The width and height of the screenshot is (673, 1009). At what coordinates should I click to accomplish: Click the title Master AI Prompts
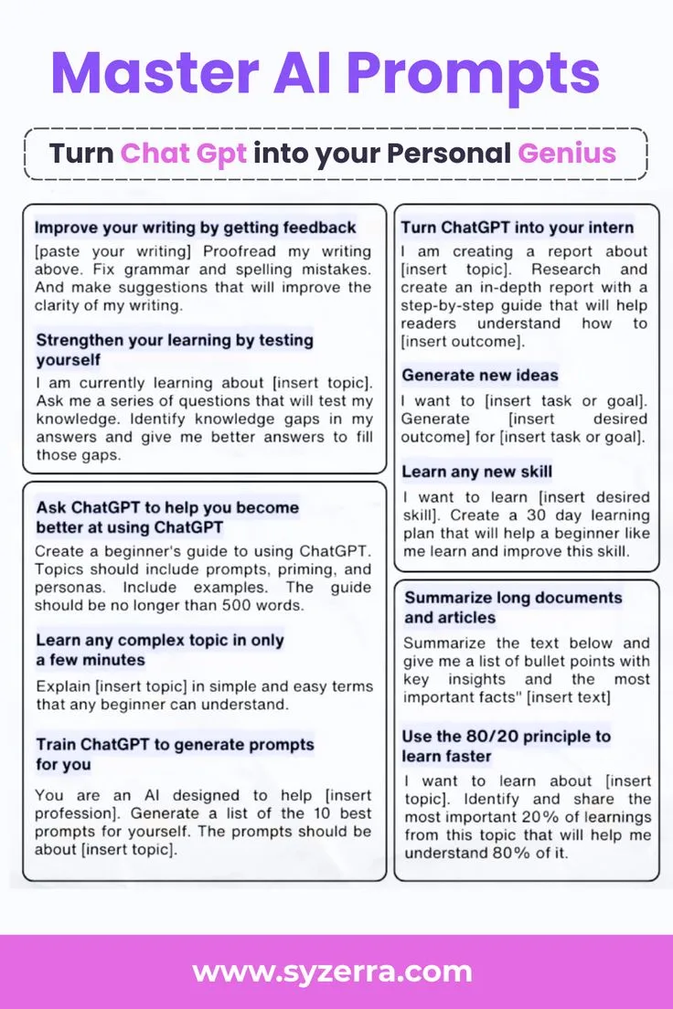click(326, 73)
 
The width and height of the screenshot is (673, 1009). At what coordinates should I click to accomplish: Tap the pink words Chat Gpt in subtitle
click(184, 152)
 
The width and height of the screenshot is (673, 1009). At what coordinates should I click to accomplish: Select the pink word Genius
click(567, 152)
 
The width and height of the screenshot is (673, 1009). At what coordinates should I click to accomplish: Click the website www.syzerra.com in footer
click(333, 971)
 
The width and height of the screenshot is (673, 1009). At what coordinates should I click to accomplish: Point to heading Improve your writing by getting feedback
click(195, 227)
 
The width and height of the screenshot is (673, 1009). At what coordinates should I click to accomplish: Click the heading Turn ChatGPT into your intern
click(518, 227)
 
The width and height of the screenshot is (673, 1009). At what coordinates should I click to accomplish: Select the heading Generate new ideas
click(480, 375)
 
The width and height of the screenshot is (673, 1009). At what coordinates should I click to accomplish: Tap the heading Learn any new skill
click(477, 472)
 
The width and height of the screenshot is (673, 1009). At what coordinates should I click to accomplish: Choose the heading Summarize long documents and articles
click(513, 608)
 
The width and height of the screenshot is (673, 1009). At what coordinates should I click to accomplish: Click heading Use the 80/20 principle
click(506, 746)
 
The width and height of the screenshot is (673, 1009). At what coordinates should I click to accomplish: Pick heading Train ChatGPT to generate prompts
click(175, 754)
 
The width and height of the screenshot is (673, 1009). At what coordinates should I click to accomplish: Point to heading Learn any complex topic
click(160, 650)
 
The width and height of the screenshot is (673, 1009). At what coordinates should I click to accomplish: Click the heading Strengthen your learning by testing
click(174, 349)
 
